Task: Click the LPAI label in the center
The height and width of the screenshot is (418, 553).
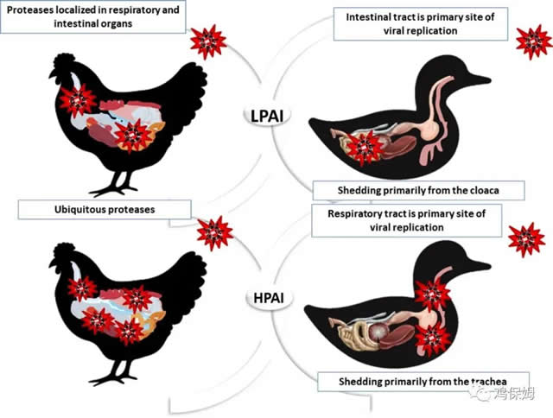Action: coord(267,116)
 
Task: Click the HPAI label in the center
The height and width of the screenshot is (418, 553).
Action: coord(269,298)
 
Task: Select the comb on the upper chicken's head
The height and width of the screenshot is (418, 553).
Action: coord(63,60)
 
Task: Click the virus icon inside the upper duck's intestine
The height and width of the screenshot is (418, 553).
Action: coord(365,148)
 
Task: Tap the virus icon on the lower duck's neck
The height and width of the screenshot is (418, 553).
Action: coord(433,294)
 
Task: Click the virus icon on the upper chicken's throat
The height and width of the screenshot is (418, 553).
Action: coord(77,101)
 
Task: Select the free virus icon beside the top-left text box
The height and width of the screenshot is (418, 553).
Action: coord(208,42)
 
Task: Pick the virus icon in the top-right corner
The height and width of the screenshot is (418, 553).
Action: coord(534,42)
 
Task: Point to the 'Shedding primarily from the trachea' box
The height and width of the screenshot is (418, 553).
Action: coord(423,382)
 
